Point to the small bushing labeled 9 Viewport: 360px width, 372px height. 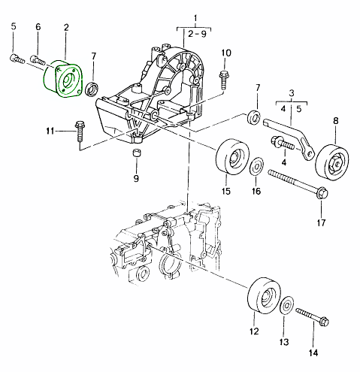[136, 155]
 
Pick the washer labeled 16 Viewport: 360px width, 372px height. [256, 165]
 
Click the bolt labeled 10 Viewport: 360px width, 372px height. [224, 77]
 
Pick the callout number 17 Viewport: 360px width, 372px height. [322, 222]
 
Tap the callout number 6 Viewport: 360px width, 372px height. [38, 28]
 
